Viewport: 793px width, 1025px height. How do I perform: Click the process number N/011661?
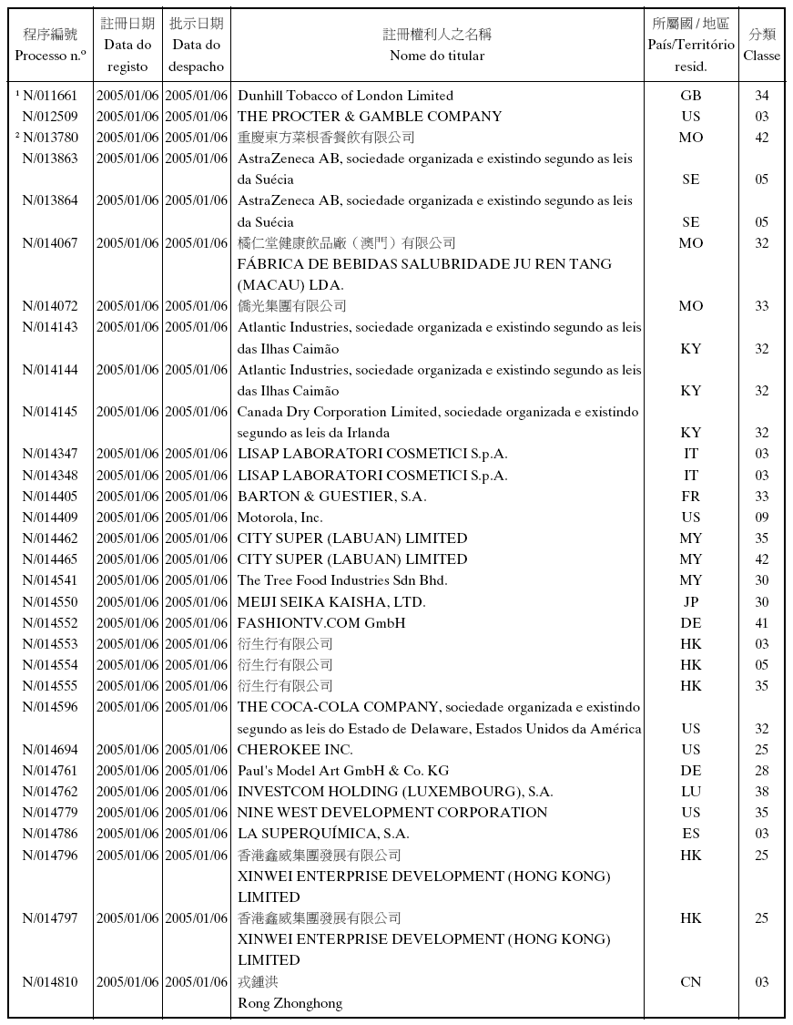(x=50, y=96)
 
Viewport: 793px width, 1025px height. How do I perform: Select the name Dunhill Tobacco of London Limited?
(x=345, y=96)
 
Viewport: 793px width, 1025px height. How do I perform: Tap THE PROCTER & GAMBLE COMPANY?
(x=370, y=117)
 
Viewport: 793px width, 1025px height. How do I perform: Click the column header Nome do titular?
(x=437, y=56)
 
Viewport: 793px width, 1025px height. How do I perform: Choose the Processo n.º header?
(x=51, y=55)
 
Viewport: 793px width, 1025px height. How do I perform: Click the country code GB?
(x=691, y=96)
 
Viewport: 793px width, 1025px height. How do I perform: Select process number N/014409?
(x=50, y=518)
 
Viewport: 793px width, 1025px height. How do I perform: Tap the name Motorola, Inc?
(x=280, y=518)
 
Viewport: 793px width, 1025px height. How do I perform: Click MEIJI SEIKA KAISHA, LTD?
(x=331, y=602)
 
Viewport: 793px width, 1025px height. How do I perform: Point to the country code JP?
(x=691, y=602)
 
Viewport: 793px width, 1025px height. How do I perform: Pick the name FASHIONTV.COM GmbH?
(x=321, y=623)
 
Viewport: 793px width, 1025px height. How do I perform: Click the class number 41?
(x=761, y=623)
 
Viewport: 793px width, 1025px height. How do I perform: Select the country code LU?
(x=691, y=792)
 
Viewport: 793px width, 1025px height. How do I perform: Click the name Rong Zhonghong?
(x=290, y=1003)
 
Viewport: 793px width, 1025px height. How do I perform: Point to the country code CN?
(x=691, y=982)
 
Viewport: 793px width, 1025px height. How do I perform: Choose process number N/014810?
(x=50, y=982)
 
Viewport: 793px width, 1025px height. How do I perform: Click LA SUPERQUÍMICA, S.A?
(x=323, y=834)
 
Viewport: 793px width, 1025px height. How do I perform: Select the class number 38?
(x=761, y=792)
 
